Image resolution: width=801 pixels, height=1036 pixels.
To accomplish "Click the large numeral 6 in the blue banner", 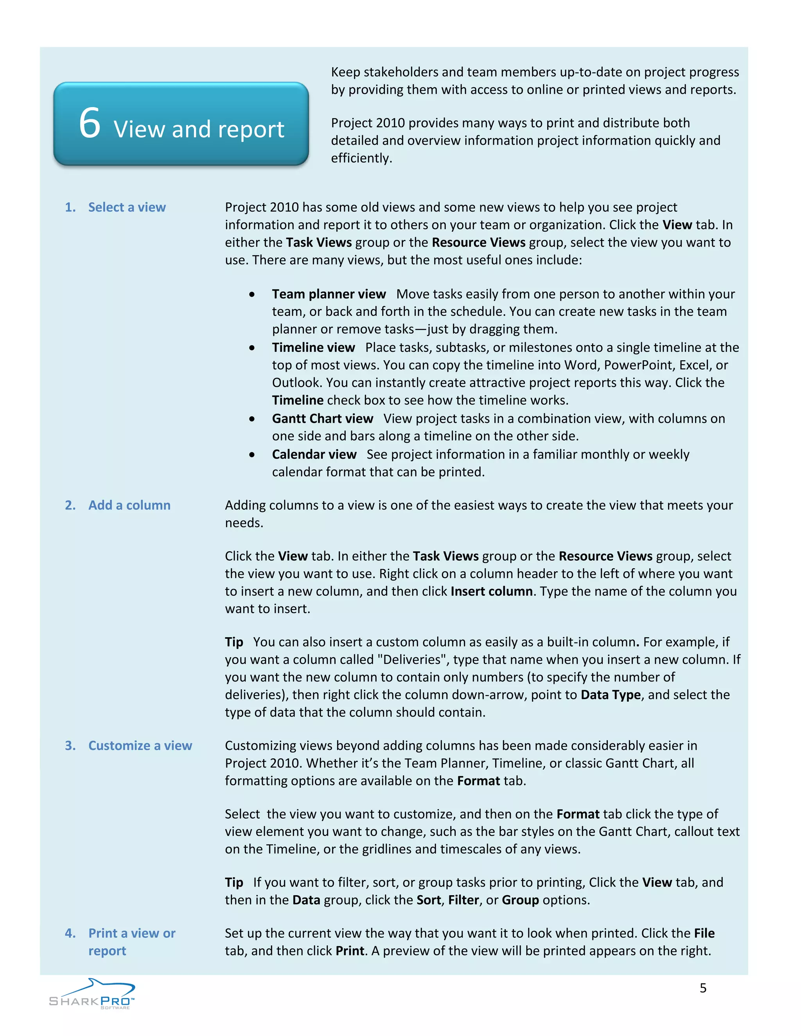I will click(x=90, y=123).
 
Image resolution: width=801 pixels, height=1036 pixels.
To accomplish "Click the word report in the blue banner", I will click(x=251, y=130).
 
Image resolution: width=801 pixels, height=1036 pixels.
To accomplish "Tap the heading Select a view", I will click(x=127, y=207).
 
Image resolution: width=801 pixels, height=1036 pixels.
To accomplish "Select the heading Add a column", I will click(x=129, y=505).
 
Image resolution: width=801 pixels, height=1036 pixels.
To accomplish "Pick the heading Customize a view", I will click(x=140, y=746).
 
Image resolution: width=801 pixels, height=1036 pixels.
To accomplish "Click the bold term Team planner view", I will click(x=329, y=294).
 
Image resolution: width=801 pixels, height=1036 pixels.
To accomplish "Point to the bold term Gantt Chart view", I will click(x=322, y=418).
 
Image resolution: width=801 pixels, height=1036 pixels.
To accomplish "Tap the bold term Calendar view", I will click(x=314, y=454).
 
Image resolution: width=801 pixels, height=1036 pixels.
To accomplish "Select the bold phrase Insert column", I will click(x=491, y=591).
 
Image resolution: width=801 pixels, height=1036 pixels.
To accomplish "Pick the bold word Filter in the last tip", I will click(x=463, y=900).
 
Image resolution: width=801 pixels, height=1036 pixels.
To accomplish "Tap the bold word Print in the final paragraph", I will click(x=350, y=951).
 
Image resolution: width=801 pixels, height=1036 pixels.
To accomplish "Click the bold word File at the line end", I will click(x=704, y=934).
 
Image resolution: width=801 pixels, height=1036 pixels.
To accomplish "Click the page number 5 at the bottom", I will click(x=703, y=988).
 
